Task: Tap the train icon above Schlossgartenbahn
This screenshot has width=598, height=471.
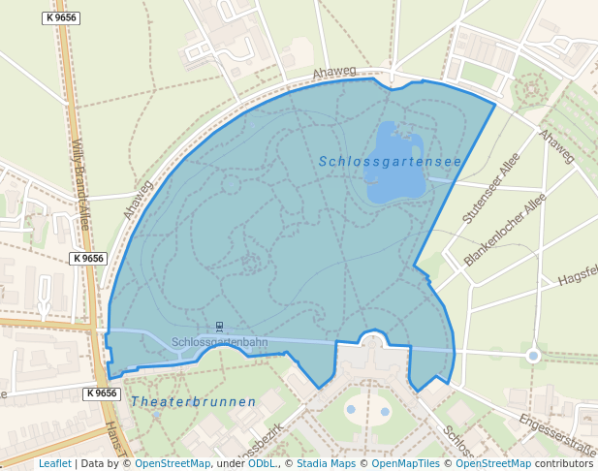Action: click(x=219, y=327)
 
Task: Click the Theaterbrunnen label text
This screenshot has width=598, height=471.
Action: click(x=193, y=401)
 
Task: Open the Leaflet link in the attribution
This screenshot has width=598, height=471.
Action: click(x=54, y=463)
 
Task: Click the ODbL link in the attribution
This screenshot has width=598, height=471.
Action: click(x=262, y=463)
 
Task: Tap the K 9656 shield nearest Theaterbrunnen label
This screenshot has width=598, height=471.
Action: click(x=102, y=393)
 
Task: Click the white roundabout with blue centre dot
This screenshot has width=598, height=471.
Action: click(x=533, y=356)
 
